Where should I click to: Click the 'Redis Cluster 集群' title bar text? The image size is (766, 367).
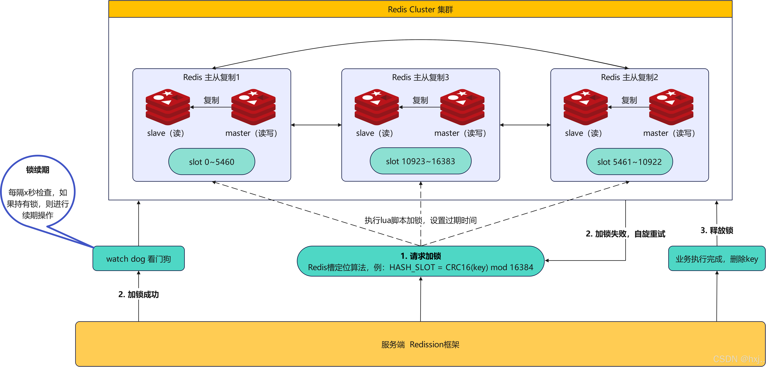[x=420, y=9]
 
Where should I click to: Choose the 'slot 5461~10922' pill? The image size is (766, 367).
[x=629, y=162]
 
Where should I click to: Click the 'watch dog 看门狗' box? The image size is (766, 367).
[x=139, y=259]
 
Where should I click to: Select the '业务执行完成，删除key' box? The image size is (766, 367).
[x=717, y=259]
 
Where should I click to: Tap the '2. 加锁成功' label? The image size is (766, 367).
[x=139, y=294]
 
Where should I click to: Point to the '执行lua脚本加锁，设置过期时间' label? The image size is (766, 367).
[x=420, y=220]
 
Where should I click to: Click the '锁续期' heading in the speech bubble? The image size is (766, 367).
[x=38, y=170]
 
